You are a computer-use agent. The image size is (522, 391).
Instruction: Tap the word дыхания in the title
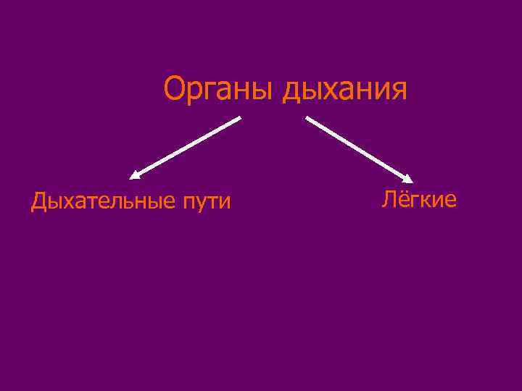[x=346, y=92]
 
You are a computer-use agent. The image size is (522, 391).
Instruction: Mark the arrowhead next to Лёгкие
[x=409, y=179]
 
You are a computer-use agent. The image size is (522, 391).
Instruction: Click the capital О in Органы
[x=175, y=90]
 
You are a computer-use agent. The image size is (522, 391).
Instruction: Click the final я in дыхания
[x=399, y=92]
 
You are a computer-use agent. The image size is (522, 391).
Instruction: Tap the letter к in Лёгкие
[x=426, y=201]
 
